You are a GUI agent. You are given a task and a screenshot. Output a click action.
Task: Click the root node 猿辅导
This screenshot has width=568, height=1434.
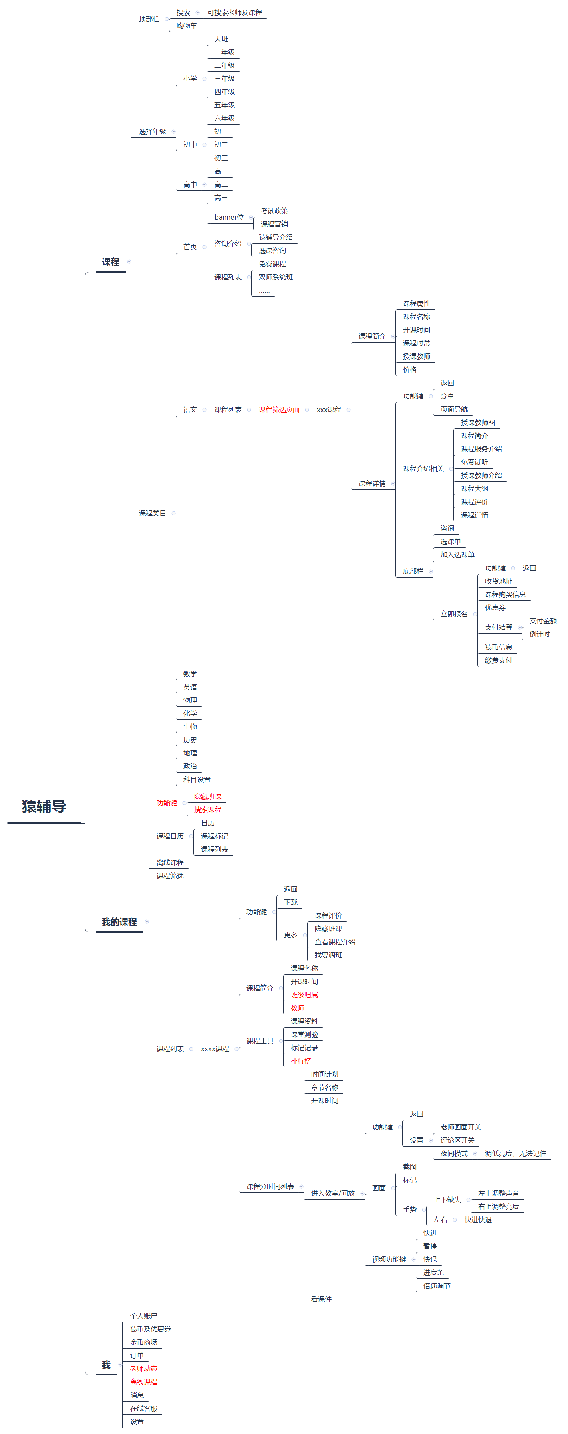44,807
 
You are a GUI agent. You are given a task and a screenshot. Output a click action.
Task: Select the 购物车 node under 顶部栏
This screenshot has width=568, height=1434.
186,26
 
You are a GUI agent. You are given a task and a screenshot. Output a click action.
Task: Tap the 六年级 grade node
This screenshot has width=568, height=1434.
224,118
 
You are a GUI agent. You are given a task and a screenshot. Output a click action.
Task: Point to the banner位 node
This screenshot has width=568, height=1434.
229,217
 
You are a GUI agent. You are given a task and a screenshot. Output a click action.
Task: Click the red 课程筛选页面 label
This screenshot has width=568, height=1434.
279,410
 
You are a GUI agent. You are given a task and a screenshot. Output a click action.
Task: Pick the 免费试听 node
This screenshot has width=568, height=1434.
474,462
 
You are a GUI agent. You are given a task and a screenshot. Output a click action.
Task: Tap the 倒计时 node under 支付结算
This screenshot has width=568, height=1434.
539,634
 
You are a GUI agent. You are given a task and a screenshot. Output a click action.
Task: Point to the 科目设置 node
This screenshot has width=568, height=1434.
197,780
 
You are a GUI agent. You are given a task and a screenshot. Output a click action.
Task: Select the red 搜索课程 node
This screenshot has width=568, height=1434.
207,810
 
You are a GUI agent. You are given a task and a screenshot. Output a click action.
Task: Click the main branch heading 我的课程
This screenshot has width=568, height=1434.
119,922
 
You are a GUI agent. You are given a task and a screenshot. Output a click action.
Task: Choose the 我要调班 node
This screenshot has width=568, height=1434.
328,955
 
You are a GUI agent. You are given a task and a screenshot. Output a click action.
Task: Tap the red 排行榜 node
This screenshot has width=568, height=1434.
300,1061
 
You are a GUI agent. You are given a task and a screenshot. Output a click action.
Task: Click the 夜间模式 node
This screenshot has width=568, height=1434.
454,1153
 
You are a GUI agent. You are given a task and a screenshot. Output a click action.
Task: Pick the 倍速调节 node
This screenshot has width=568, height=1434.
437,1286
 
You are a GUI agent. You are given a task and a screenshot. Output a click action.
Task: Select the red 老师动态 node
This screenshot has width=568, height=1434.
143,1368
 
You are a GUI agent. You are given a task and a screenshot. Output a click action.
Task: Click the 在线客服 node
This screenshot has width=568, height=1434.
143,1408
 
